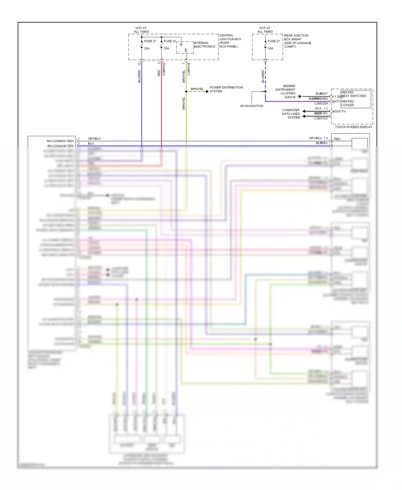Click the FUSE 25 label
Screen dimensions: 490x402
click(170, 41)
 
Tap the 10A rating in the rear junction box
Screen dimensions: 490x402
click(270, 49)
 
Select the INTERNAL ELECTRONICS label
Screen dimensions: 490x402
click(204, 45)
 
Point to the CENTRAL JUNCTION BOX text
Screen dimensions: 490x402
click(230, 41)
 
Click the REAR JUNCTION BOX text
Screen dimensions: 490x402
click(297, 41)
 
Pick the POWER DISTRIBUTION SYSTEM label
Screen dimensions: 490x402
click(226, 89)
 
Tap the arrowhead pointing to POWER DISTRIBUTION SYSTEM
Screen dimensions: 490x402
click(207, 91)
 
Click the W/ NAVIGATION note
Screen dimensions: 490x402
click(251, 106)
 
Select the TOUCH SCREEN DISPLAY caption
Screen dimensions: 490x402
click(353, 127)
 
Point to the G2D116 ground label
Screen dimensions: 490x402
click(290, 97)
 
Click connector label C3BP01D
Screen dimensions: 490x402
click(164, 69)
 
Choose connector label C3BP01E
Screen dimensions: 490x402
click(189, 69)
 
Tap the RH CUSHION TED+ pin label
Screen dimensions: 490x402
click(60, 141)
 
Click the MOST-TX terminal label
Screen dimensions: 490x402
click(339, 112)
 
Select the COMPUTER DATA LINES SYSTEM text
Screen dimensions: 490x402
click(291, 114)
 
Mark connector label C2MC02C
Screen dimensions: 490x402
click(321, 118)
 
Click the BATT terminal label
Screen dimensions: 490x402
click(336, 102)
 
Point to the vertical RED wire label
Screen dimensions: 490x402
click(159, 73)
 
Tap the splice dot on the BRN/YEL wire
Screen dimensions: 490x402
click(186, 91)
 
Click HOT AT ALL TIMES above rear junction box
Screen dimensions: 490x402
click(265, 30)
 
